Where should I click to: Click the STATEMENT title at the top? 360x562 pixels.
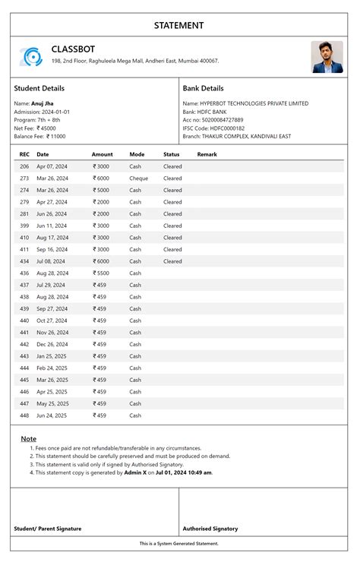[x=179, y=25]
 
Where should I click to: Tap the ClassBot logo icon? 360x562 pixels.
[x=30, y=56]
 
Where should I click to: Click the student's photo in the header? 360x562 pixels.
[x=327, y=57]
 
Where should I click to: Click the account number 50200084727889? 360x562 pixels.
[x=223, y=120]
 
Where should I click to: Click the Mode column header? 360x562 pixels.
[x=137, y=154]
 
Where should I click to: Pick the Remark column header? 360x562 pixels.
[x=207, y=154]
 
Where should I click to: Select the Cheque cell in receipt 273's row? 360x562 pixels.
[x=139, y=178]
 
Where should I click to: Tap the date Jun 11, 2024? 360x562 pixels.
[x=52, y=226]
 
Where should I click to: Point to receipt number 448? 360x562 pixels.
[x=24, y=415]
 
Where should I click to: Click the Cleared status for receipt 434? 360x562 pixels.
[x=172, y=261]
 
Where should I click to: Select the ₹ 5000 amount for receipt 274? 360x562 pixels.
[x=101, y=190]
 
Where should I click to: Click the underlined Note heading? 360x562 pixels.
[x=28, y=439]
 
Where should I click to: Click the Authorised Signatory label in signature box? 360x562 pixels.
[x=210, y=529]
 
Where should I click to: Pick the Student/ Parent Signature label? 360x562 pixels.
[x=48, y=529]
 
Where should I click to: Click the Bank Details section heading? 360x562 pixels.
[x=203, y=89]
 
